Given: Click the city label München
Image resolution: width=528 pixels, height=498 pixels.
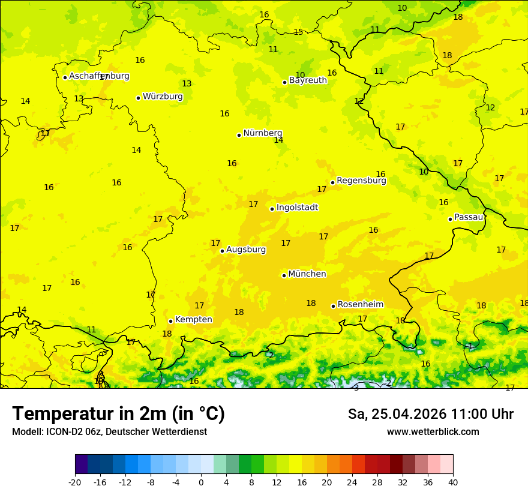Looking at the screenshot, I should pos(307,274).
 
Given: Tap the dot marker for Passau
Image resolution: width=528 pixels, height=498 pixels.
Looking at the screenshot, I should pos(450,219).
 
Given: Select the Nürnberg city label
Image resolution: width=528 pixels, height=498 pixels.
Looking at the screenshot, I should pos(262,133).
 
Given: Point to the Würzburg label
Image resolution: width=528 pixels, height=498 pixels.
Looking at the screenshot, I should pos(162,97).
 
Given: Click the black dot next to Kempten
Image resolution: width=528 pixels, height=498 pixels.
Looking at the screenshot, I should pos(170,321).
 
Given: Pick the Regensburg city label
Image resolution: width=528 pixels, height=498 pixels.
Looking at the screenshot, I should pos(361,181).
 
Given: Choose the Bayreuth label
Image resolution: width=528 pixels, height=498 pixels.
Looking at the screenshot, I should pos(308,80).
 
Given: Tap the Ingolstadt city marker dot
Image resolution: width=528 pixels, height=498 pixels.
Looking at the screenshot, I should pos(272,209).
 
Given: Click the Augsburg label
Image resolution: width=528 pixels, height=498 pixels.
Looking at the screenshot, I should pos(245,250).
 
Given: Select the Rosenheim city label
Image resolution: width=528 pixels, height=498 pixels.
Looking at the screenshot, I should pos(360,305).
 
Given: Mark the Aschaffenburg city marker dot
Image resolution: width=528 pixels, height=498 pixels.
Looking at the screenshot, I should pos(65,77).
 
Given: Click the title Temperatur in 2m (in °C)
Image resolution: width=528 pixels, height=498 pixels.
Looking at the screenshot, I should pos(118,414).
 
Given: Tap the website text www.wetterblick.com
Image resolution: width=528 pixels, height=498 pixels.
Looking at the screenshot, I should pos(433,432).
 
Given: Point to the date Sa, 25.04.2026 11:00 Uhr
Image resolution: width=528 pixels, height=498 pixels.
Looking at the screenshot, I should pos(430,414).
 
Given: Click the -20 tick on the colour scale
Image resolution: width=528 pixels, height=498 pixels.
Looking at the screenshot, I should pos(75,482).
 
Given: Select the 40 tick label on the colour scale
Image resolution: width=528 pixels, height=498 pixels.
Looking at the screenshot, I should pos(452,482).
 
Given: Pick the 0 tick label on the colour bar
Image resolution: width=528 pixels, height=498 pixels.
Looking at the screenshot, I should pos(201,482).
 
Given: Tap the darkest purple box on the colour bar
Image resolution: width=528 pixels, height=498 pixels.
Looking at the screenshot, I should pos(81,464).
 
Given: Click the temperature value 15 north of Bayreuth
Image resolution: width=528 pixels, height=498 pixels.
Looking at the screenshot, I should pos(298,32).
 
